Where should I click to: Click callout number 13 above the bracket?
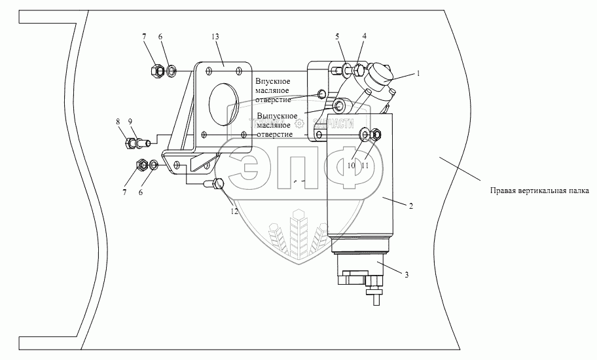215,37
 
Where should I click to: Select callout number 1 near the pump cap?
418,74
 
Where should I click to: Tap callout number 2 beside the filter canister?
410,206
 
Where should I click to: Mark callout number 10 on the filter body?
352,166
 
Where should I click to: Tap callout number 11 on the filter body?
365,166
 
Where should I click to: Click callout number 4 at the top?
365,37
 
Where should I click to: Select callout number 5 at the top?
337,37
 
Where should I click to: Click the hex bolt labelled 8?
129,142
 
